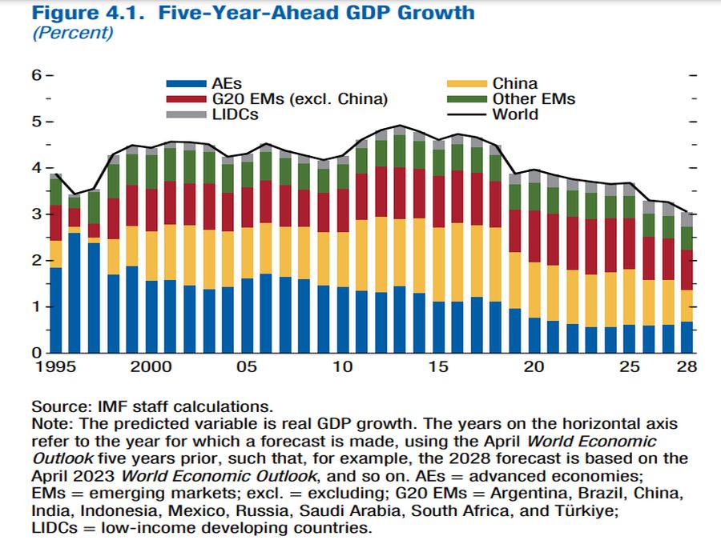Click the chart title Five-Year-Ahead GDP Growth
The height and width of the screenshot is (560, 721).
[252, 13]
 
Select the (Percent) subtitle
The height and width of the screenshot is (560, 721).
[72, 33]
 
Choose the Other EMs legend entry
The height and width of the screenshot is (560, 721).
[534, 99]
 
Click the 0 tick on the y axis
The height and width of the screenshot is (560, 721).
[37, 353]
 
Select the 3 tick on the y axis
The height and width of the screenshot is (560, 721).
[37, 214]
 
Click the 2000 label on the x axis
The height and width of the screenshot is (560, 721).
[151, 367]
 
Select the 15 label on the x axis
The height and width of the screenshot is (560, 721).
[437, 367]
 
